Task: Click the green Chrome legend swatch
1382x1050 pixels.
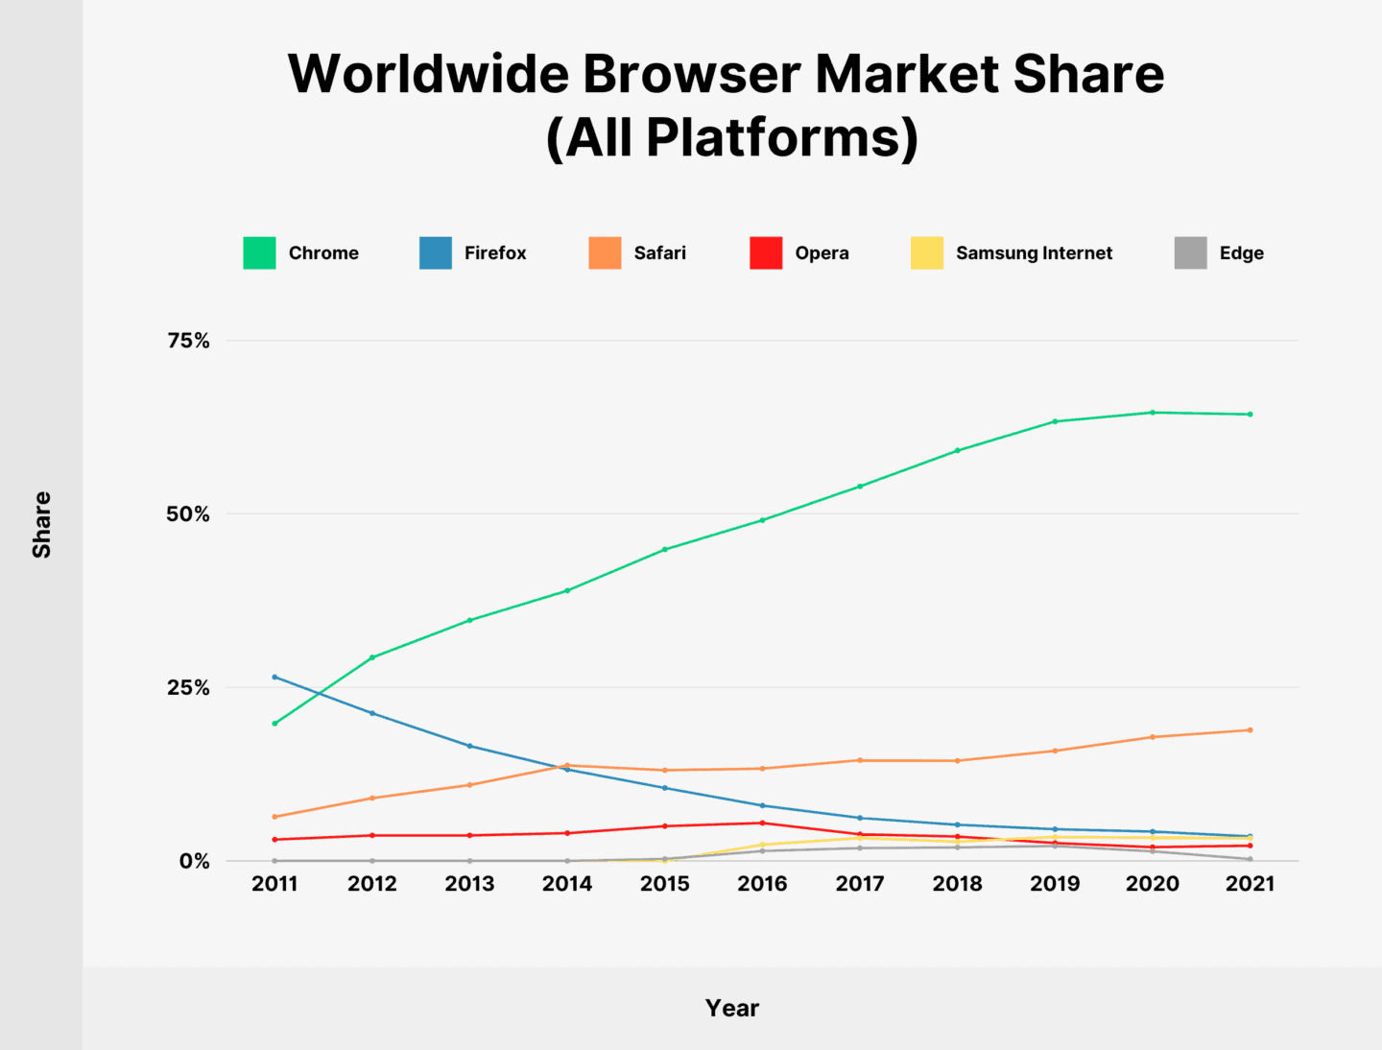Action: pos(259,252)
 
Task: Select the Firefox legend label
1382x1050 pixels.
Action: pos(495,252)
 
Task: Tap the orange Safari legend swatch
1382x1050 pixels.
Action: pos(605,252)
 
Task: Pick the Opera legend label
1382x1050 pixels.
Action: pos(822,252)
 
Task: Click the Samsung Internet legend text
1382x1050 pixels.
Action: pos(1034,252)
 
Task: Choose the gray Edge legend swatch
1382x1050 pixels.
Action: pos(1190,252)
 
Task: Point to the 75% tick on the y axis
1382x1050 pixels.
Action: pos(188,341)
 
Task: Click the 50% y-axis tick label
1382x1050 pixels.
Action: pos(188,514)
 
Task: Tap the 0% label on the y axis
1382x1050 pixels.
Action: pos(194,861)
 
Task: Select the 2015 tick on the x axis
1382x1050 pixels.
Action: pos(664,884)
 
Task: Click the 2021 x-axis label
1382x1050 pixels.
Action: pos(1250,884)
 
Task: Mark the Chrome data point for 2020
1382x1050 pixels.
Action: pos(1152,413)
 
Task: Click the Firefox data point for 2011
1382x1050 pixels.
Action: pos(274,677)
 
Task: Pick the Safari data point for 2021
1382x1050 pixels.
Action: pos(1250,730)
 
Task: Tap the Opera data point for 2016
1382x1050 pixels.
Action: pos(762,823)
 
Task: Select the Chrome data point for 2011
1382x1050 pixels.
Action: pos(274,724)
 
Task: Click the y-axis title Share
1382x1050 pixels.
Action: pos(41,525)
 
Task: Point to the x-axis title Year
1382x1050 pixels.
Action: pos(731,1008)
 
